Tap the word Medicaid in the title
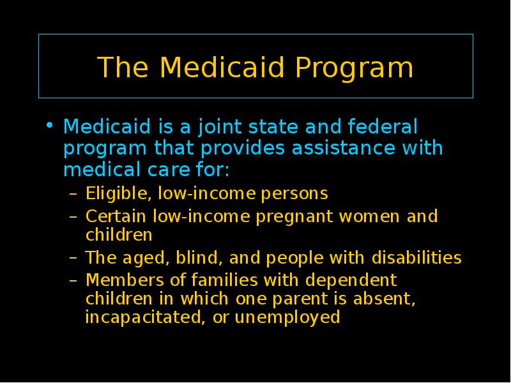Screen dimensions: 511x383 (222, 67)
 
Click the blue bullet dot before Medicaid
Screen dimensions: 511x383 (49, 124)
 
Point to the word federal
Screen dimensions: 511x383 (383, 126)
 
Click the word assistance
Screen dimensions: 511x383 (343, 148)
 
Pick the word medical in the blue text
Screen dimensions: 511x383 (102, 169)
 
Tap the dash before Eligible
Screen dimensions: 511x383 (73, 195)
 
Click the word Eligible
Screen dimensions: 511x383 (118, 194)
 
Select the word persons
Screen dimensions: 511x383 (294, 195)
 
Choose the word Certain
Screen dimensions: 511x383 (116, 216)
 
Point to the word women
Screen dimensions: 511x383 (369, 217)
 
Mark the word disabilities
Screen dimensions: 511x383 (416, 257)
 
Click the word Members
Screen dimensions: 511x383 (125, 280)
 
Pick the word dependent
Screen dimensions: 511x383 (351, 281)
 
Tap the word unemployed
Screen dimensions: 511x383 (287, 317)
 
